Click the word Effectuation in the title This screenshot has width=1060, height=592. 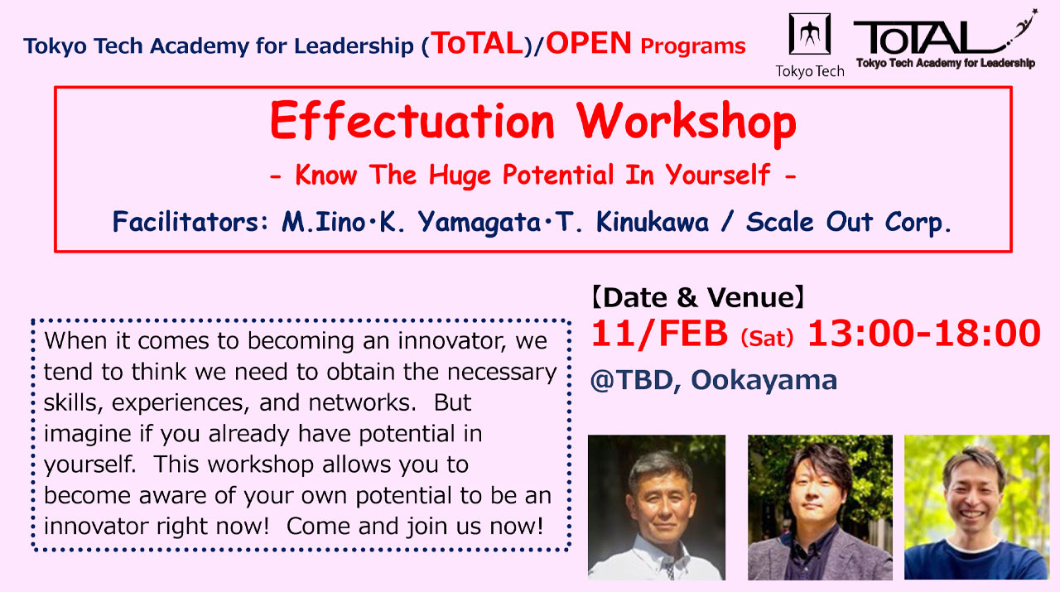pyautogui.click(x=412, y=123)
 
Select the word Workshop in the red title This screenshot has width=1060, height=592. pyautogui.click(x=687, y=123)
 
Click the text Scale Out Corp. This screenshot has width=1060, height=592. pyautogui.click(x=849, y=222)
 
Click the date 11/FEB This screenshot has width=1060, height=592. pyautogui.click(x=659, y=334)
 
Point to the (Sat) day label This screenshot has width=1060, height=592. pyautogui.click(x=766, y=338)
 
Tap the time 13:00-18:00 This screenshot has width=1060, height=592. pyautogui.click(x=923, y=334)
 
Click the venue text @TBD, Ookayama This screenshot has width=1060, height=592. pyautogui.click(x=713, y=380)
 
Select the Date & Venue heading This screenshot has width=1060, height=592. pyautogui.click(x=697, y=297)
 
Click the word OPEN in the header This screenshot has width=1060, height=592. pyautogui.click(x=589, y=44)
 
